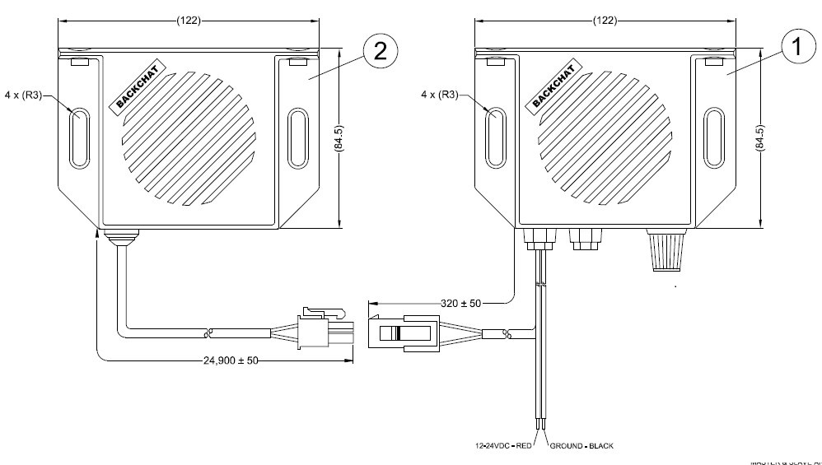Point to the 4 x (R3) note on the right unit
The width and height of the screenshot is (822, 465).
tap(440, 95)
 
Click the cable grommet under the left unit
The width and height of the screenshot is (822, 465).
tap(122, 238)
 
